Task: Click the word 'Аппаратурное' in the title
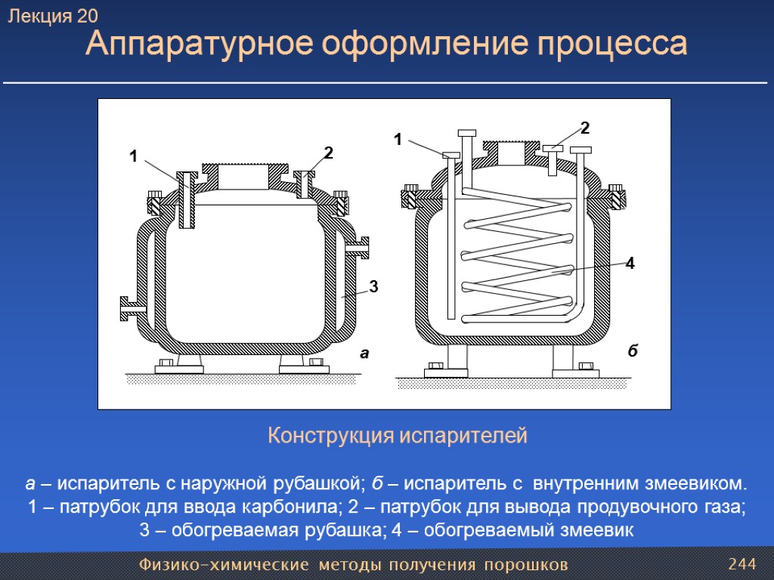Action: click(x=195, y=45)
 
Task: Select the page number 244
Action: click(x=741, y=564)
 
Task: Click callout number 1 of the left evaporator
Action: click(x=133, y=157)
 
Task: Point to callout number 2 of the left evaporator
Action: click(x=328, y=153)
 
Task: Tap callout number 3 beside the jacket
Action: click(x=373, y=286)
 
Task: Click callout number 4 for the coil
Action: click(x=629, y=264)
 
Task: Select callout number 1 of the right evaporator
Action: click(x=398, y=139)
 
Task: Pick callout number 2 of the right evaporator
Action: click(x=584, y=126)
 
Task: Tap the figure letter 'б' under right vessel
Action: click(x=633, y=351)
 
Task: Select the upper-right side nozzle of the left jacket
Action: click(x=359, y=246)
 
